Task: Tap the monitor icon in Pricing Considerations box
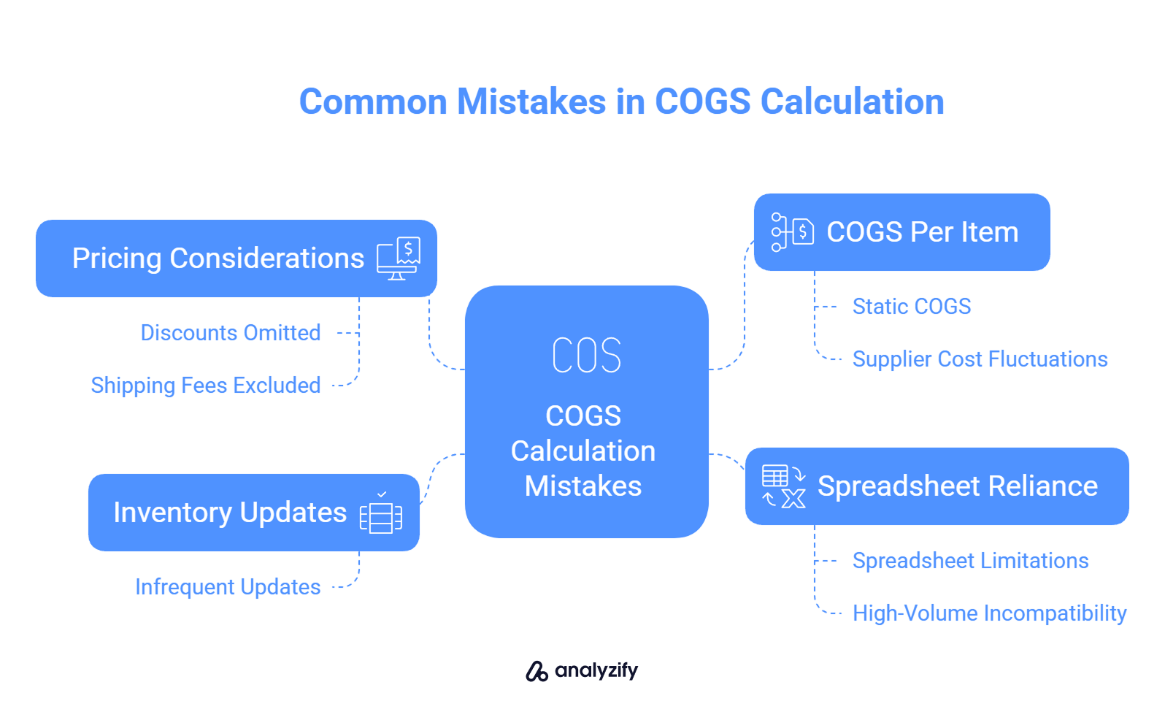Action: pyautogui.click(x=399, y=258)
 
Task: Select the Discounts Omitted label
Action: pyautogui.click(x=231, y=332)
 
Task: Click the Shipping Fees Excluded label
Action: pyautogui.click(x=205, y=386)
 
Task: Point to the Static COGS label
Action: pyautogui.click(x=912, y=306)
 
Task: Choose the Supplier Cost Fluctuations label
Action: pyautogui.click(x=980, y=359)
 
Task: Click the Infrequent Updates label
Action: pyautogui.click(x=228, y=587)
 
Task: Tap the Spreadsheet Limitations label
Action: pyautogui.click(x=971, y=561)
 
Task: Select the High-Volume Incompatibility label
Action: pyautogui.click(x=990, y=613)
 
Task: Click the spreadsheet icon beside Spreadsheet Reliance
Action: pyautogui.click(x=784, y=486)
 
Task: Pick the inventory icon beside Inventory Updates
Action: pyautogui.click(x=381, y=513)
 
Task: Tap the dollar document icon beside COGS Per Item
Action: pyautogui.click(x=793, y=232)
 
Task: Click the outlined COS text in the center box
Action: pyautogui.click(x=586, y=355)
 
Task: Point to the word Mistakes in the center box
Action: pyautogui.click(x=583, y=486)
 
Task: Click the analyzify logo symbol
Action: pyautogui.click(x=537, y=671)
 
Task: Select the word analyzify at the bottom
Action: pyautogui.click(x=596, y=671)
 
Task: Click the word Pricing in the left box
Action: pyautogui.click(x=117, y=258)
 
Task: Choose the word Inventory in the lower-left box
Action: pyautogui.click(x=173, y=513)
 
